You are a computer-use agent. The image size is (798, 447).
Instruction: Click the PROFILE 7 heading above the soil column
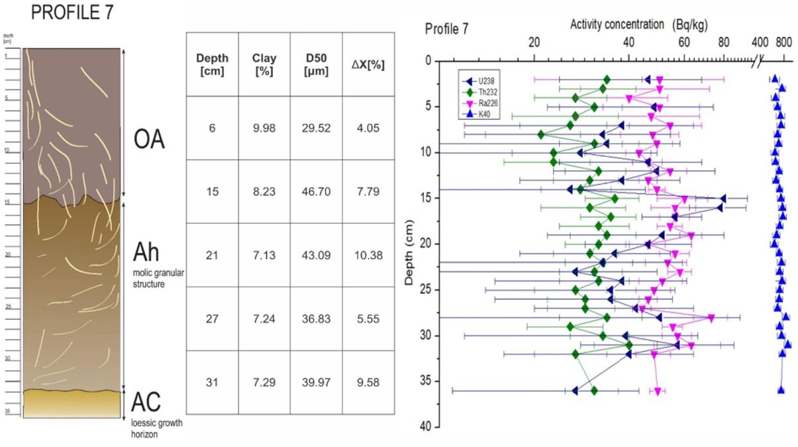pos(64,13)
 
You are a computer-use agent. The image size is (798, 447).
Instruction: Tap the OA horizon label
pos(148,140)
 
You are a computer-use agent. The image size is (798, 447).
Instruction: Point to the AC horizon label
pos(146,402)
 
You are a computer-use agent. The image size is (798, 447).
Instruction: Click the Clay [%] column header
pos(264,65)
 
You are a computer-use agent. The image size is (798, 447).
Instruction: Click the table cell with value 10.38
pos(368,256)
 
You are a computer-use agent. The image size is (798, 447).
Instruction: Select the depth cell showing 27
pos(212,319)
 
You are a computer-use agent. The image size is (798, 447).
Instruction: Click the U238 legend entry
pos(486,81)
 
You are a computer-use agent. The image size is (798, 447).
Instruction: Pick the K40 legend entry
pos(484,115)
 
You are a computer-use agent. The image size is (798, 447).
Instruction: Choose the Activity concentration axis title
pos(617,25)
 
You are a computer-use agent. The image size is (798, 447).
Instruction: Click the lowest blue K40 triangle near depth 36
pos(781,390)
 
